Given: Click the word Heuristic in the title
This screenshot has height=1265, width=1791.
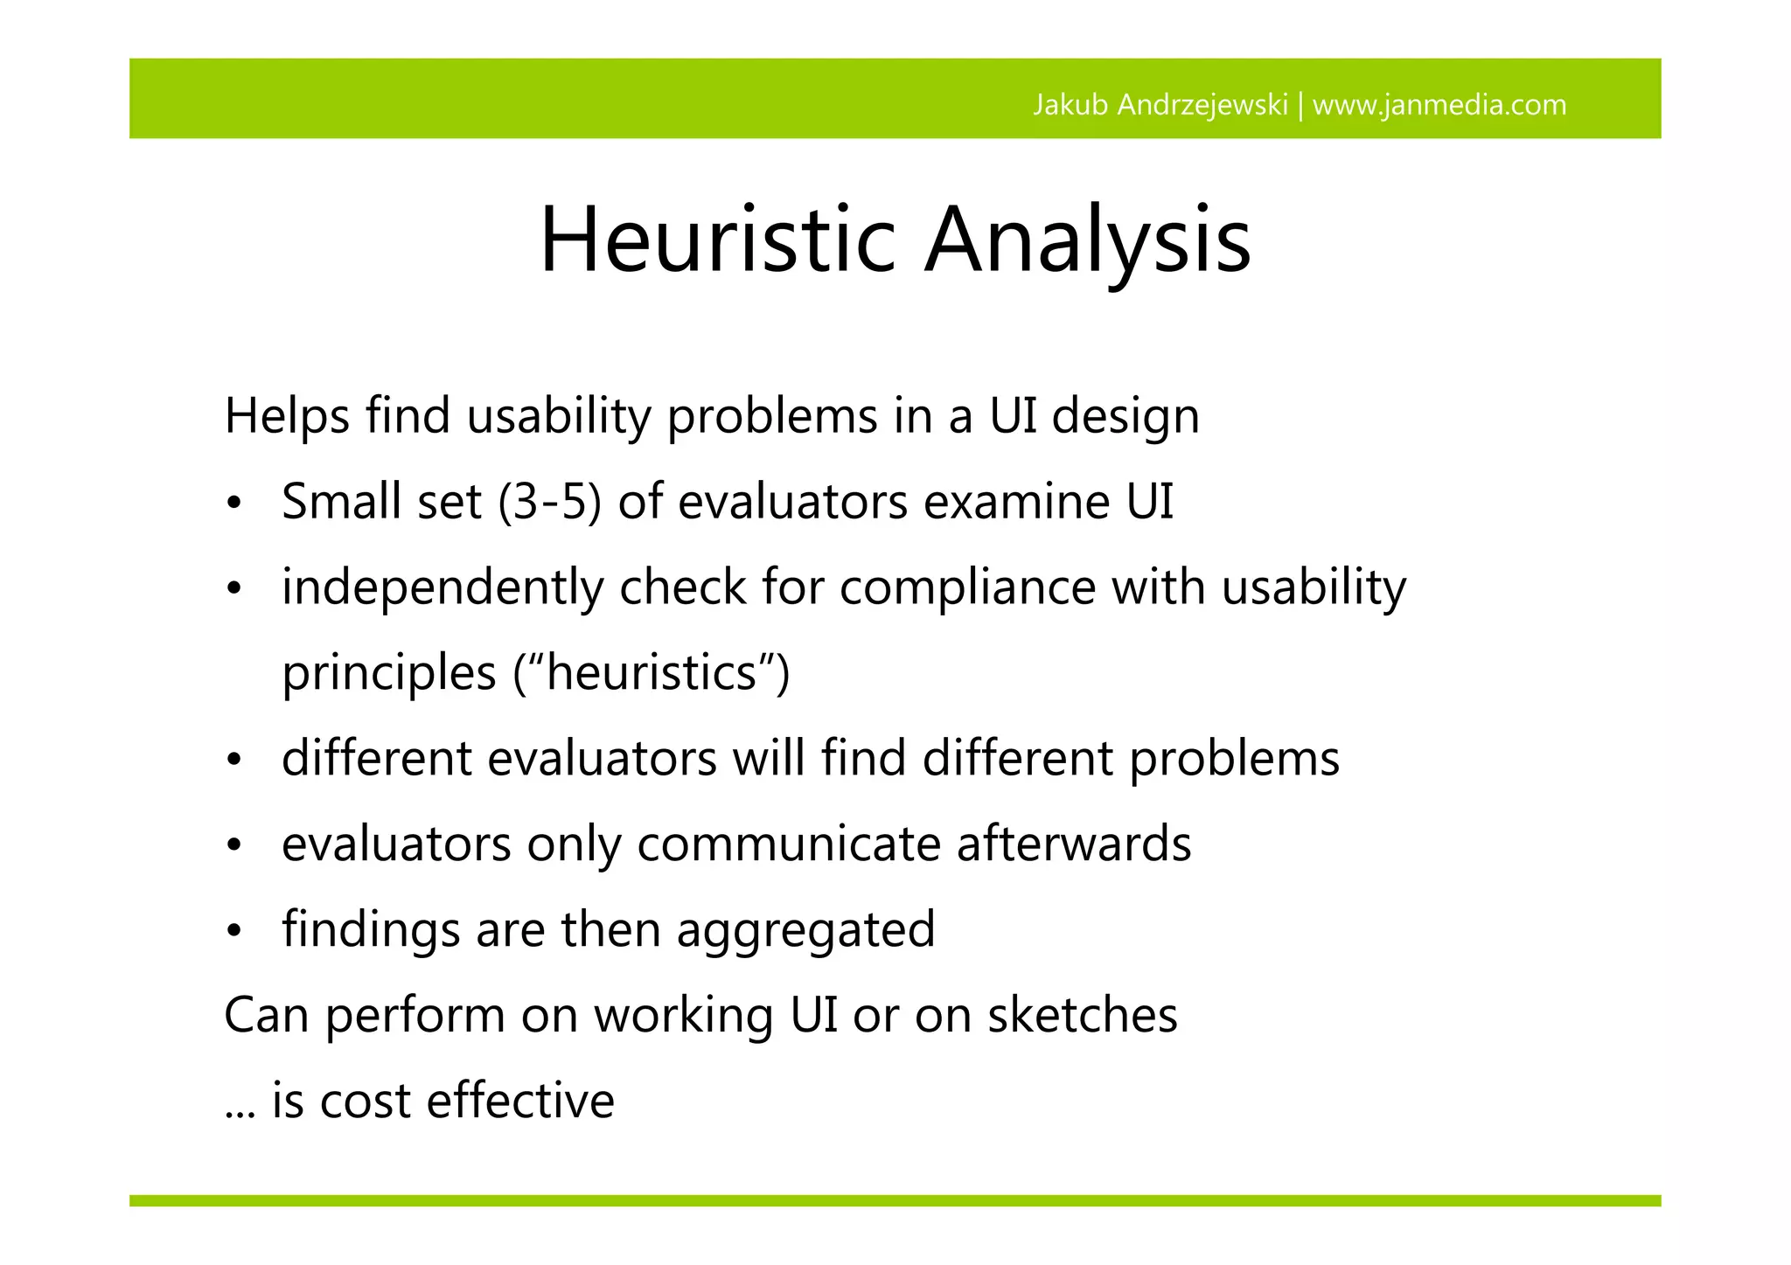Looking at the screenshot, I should tap(718, 240).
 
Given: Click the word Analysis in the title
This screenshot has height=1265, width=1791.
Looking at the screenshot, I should tap(1088, 240).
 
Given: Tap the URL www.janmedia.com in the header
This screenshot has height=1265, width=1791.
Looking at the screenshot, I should tap(1439, 105).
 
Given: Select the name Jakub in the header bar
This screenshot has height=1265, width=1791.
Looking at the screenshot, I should tap(1071, 105).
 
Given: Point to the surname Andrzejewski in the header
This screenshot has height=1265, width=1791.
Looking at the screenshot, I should tap(1202, 105).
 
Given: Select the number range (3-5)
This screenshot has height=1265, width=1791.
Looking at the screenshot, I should tap(550, 503).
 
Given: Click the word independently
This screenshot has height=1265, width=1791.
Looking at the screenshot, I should tap(443, 587).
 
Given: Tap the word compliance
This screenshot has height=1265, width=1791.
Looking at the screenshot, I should tap(967, 587).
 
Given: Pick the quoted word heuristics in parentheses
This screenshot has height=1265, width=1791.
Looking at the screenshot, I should tap(652, 673).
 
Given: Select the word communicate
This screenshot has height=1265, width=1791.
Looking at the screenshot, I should tap(789, 844).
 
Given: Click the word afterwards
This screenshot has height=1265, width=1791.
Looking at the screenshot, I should tap(1073, 844).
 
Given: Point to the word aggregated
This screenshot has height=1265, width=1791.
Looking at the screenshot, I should tap(805, 930).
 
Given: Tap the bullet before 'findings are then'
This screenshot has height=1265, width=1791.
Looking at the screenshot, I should tap(233, 932).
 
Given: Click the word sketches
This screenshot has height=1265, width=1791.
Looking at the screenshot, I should tap(1082, 1016).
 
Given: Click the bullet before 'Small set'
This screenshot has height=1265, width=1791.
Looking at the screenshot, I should tap(233, 504).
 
